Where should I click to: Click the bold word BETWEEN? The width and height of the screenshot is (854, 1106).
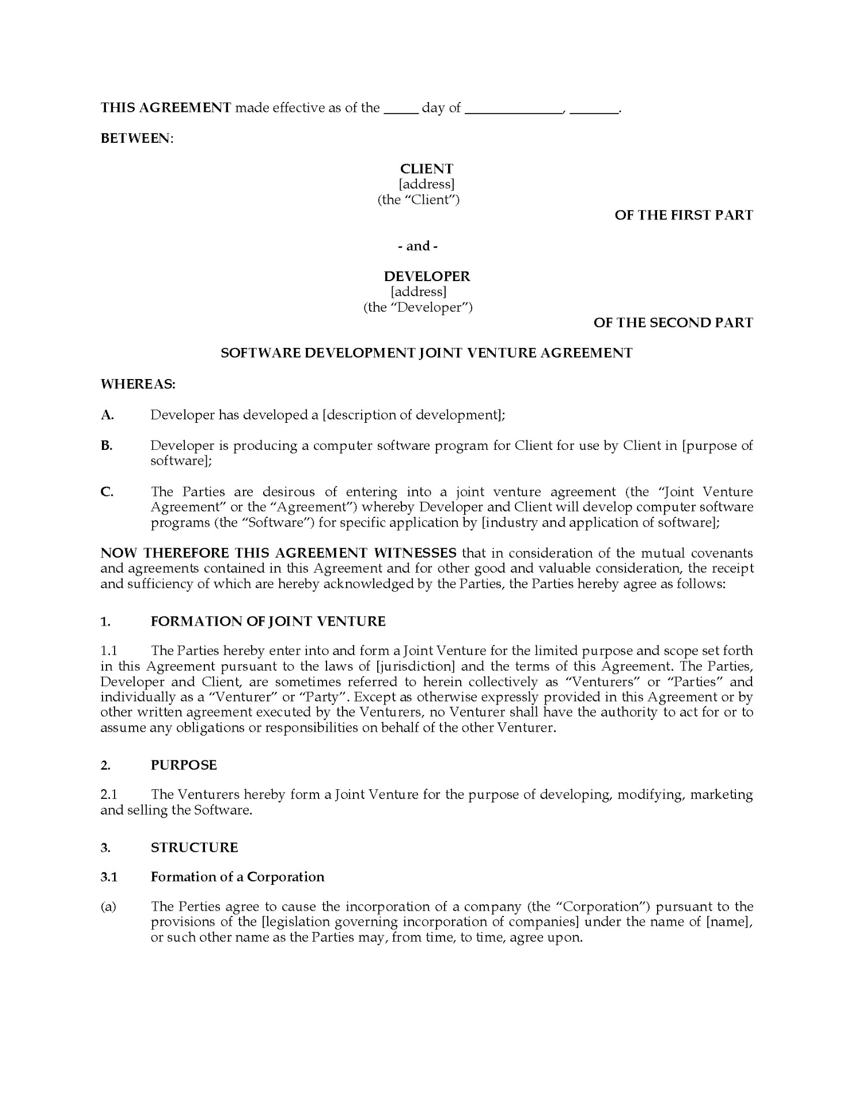coord(136,138)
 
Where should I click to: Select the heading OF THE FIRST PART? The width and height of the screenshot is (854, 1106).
coord(684,215)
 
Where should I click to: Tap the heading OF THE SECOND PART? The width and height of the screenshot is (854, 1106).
coord(673,323)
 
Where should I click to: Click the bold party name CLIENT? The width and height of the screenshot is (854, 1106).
coord(427,169)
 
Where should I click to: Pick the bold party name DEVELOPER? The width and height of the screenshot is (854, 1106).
coord(427,276)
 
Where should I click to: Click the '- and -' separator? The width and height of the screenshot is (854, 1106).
coord(418,246)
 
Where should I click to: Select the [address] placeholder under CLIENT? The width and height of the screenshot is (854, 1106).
coord(427,184)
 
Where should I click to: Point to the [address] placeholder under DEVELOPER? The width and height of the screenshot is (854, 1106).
coord(419,292)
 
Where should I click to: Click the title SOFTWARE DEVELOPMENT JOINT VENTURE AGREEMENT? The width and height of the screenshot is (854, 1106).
coord(427,353)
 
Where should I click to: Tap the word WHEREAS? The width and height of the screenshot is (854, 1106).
coord(138,384)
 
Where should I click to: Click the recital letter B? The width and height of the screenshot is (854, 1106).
coord(107,445)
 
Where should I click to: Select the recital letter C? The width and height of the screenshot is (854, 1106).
coord(107,492)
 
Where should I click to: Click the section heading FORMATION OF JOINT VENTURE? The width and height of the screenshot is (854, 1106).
coord(268,621)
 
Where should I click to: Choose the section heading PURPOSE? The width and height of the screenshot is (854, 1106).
coord(184,765)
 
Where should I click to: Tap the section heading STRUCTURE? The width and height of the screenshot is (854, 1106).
coord(194,847)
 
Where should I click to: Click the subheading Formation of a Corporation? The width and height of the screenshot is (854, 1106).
coord(237,877)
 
